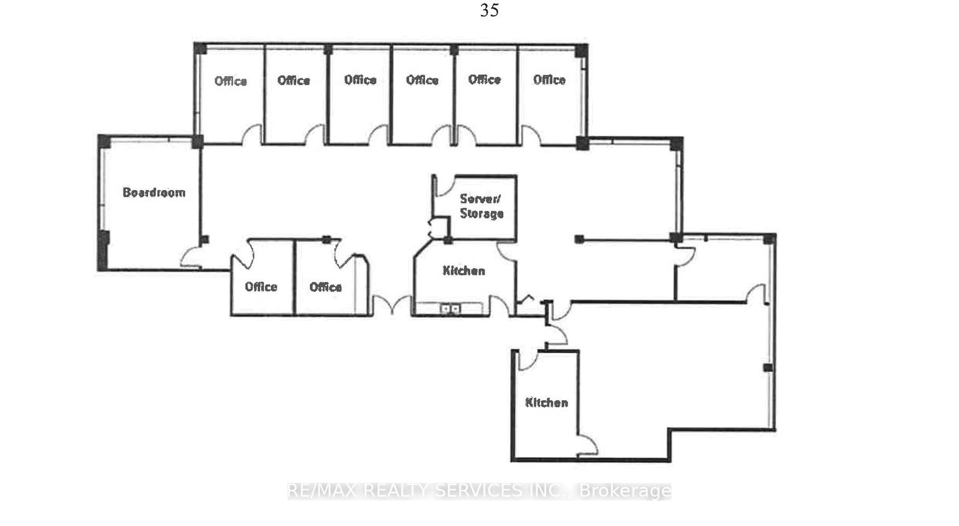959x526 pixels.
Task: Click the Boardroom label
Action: click(x=154, y=193)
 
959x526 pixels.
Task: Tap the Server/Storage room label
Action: click(x=481, y=206)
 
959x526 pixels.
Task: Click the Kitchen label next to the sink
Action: click(x=463, y=270)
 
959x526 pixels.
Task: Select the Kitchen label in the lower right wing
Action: click(x=546, y=402)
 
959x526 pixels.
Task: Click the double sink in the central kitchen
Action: click(x=450, y=308)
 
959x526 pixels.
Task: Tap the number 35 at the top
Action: click(x=489, y=10)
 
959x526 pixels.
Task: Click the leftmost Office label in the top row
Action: click(x=231, y=81)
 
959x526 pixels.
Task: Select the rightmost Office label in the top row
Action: click(x=549, y=80)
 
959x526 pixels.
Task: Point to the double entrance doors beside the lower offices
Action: click(x=391, y=305)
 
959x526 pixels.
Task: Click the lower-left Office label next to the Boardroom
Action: click(x=261, y=287)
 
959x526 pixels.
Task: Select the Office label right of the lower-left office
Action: click(x=325, y=287)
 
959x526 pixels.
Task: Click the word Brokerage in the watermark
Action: click(x=625, y=491)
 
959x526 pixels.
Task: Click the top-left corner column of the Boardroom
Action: click(x=104, y=142)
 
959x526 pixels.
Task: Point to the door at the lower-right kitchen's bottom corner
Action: click(x=587, y=445)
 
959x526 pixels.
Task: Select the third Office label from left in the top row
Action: click(x=360, y=80)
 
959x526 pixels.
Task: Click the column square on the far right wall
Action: click(x=768, y=367)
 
